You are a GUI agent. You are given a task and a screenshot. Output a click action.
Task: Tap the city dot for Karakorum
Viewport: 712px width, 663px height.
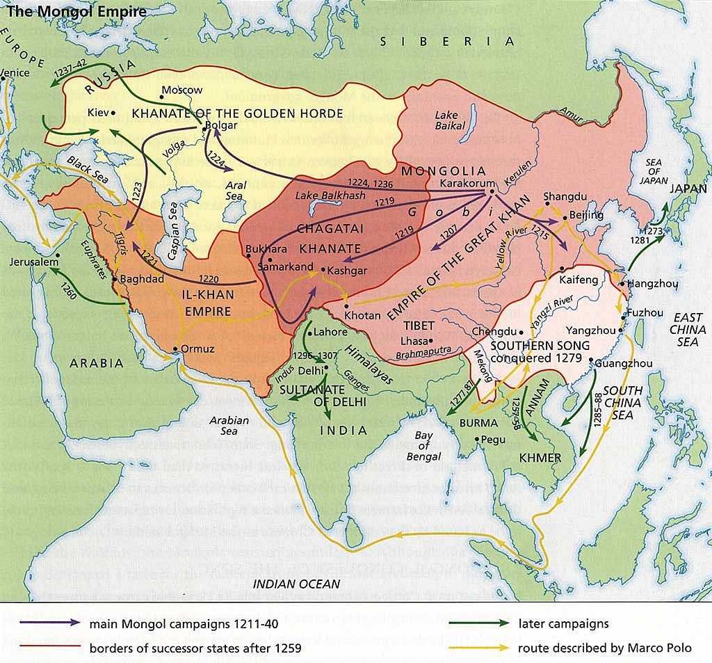492,191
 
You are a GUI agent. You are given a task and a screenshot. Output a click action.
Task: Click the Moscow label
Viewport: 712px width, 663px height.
181,90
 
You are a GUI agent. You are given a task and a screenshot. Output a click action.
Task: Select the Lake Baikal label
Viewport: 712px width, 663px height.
450,120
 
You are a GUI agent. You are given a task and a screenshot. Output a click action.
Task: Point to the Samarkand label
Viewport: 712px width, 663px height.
285,266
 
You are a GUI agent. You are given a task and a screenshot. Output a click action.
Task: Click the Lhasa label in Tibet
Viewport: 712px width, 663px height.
412,341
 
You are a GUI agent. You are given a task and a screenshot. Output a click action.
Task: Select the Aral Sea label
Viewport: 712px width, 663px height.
234,191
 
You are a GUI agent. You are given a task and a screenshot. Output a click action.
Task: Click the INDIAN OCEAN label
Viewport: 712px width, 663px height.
296,584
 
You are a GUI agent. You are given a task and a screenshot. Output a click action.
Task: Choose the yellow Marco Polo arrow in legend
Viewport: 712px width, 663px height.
473,648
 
